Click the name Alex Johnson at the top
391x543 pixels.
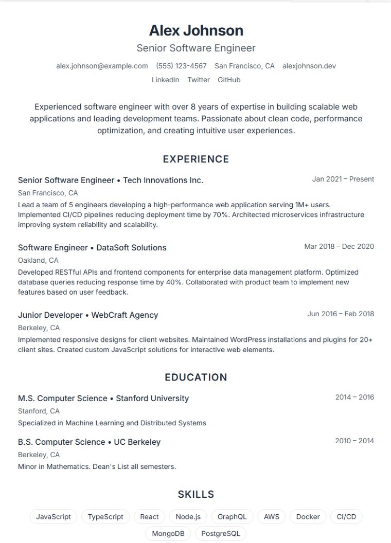coord(196,30)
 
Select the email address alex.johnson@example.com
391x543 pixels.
coord(102,66)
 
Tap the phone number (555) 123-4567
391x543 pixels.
coord(181,66)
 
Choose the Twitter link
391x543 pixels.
coord(199,80)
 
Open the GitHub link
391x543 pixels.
coord(229,80)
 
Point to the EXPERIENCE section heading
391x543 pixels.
coord(195,159)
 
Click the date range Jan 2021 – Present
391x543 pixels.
coord(343,179)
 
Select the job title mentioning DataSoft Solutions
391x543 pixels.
coord(92,247)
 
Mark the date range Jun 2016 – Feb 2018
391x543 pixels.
coord(341,314)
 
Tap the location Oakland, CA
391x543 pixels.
coord(38,260)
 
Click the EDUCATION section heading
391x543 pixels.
coord(195,377)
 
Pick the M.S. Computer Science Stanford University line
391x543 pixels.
coord(103,398)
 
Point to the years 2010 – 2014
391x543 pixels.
coord(354,441)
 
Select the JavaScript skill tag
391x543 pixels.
coord(54,517)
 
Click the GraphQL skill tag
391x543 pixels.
coord(232,517)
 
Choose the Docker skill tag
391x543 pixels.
coord(308,517)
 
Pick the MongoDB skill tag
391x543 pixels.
coord(168,534)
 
